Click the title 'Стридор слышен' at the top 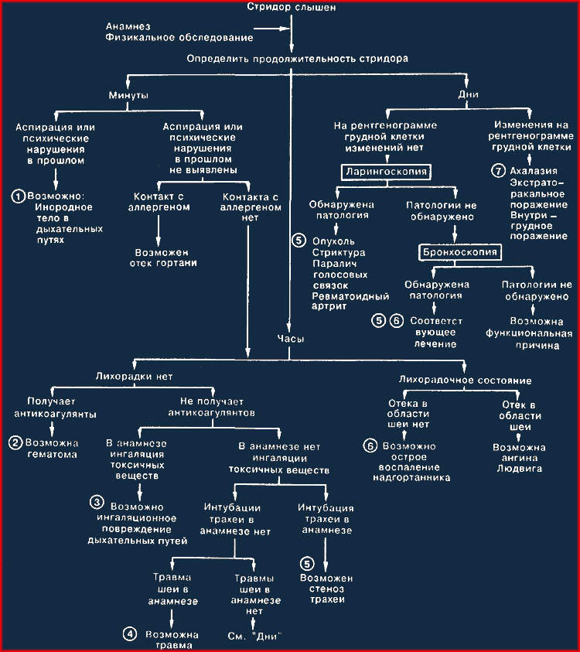point(291,7)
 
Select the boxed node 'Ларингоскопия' point(386,172)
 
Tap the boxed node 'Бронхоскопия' point(459,252)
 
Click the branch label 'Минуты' point(128,95)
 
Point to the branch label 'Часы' point(291,339)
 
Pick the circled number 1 point(18,196)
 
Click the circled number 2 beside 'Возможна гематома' point(15,443)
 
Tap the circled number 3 point(97,502)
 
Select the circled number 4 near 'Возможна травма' point(130,633)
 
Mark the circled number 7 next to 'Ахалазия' point(498,170)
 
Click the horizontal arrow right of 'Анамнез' point(271,29)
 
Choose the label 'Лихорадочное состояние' point(465,380)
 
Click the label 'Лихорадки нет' point(134,377)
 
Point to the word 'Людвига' point(520,469)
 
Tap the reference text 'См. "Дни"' point(254,636)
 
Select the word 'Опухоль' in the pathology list point(333,241)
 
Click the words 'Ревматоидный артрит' point(350,301)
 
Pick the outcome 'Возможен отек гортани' point(163,258)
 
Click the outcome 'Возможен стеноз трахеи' point(327,589)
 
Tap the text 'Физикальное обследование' point(179,37)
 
